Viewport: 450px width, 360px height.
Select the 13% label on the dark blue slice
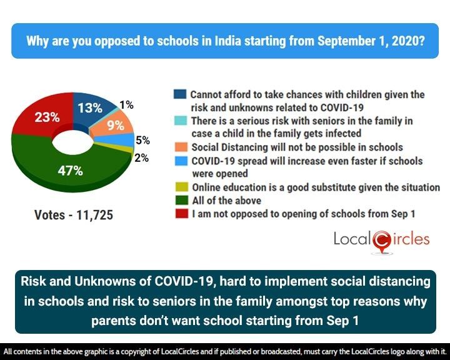click(x=90, y=108)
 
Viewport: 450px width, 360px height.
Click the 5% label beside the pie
click(x=142, y=141)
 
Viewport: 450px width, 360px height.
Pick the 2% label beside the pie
click(x=141, y=158)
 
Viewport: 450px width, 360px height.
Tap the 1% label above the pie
click(x=126, y=105)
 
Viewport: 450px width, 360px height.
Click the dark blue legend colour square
click(x=180, y=95)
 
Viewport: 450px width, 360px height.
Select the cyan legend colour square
click(x=180, y=121)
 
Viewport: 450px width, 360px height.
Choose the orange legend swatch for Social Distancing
click(x=180, y=147)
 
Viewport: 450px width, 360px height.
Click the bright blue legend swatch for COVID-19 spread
click(x=180, y=161)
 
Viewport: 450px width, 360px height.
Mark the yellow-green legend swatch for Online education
click(x=180, y=187)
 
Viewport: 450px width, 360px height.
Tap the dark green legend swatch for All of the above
click(x=180, y=201)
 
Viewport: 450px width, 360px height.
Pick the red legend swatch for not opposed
click(x=180, y=214)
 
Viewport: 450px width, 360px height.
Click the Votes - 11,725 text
click(x=74, y=216)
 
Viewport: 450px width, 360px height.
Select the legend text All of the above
click(x=226, y=201)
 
